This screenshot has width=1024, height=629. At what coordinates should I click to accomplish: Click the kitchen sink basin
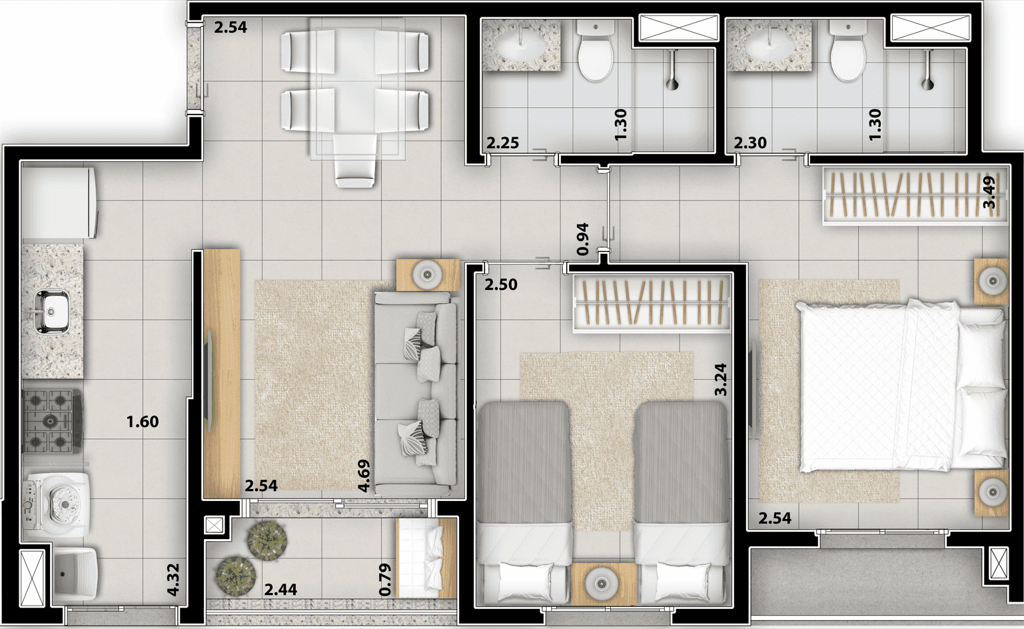52,311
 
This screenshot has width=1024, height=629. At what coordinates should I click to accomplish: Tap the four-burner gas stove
53,420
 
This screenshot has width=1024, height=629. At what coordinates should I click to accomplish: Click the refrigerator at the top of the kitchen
59,203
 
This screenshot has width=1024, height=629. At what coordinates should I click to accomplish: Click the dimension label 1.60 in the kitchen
143,421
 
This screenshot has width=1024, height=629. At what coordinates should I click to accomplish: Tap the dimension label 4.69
364,476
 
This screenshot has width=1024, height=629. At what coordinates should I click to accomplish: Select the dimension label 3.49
989,192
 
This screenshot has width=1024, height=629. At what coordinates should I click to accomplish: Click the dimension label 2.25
502,143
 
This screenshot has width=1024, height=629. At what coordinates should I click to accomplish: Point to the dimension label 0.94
583,239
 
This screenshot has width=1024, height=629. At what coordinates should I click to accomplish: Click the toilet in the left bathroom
596,50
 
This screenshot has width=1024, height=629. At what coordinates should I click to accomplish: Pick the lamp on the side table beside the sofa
428,275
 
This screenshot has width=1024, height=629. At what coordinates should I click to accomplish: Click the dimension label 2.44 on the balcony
280,590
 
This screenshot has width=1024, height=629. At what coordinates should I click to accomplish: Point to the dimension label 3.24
720,379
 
